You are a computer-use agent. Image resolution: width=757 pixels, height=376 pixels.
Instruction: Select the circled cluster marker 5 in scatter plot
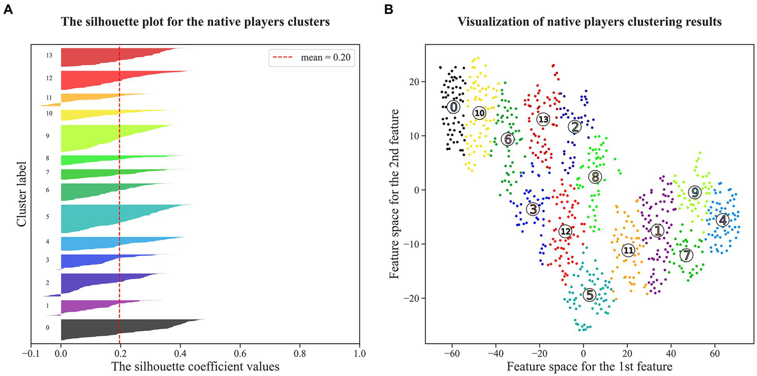589,295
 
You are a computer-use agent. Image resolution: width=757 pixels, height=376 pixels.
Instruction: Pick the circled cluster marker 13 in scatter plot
543,119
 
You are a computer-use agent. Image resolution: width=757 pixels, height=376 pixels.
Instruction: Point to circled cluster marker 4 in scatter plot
722,220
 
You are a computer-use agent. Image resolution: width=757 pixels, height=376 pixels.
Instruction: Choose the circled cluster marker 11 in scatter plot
628,250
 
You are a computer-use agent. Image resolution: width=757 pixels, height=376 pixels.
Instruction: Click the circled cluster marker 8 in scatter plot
595,176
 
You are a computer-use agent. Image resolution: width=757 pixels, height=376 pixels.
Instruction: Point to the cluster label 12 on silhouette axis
48,78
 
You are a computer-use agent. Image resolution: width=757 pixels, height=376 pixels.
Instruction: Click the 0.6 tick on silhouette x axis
240,353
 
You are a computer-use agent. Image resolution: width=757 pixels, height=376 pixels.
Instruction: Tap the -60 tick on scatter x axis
452,353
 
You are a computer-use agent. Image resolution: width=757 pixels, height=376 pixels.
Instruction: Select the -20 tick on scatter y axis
412,298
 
